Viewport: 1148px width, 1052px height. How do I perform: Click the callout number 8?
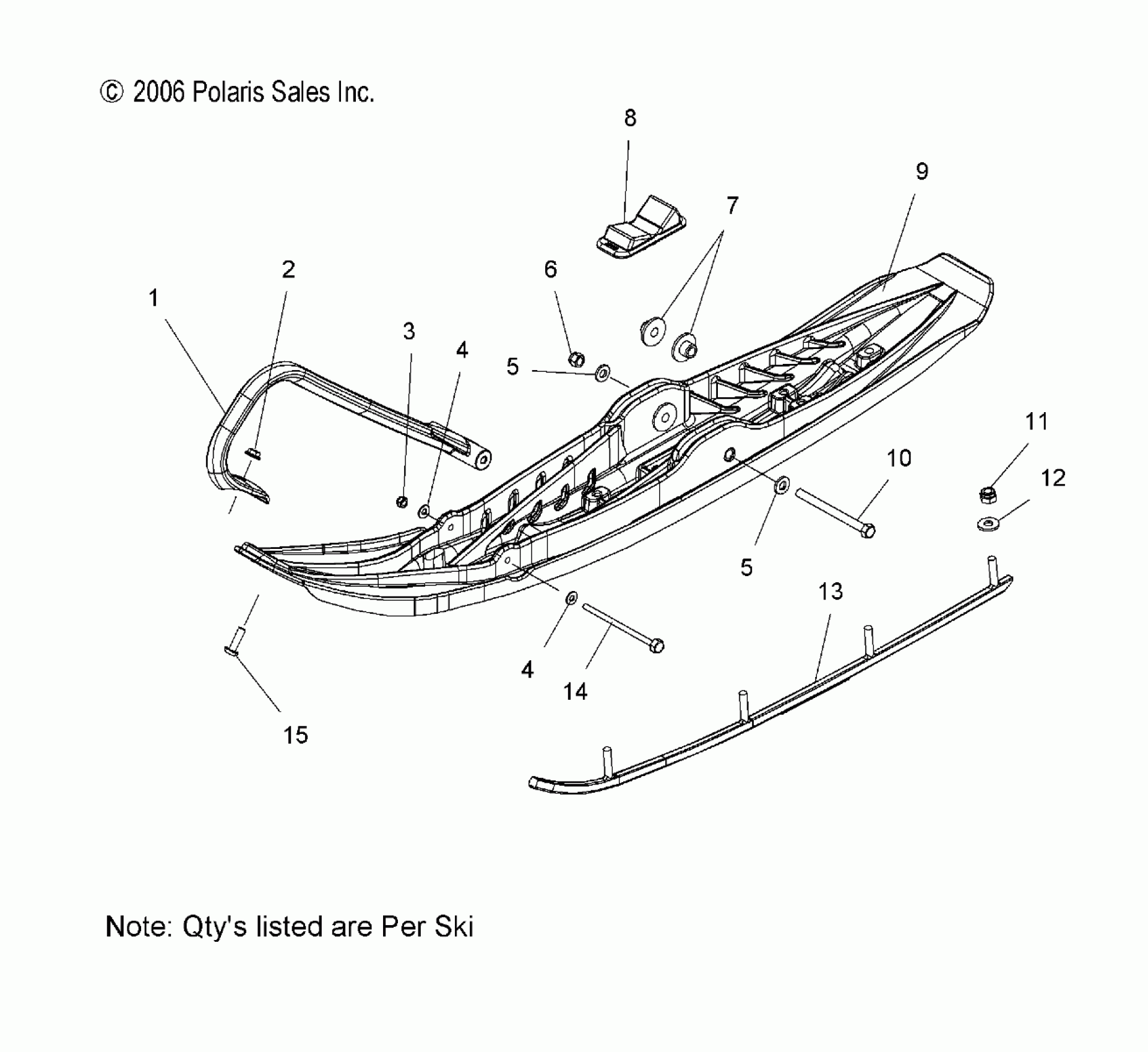tap(630, 118)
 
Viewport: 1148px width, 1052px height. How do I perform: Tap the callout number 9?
tap(921, 171)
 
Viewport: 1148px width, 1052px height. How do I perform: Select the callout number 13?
tap(831, 592)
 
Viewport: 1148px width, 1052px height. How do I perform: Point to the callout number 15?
tap(295, 735)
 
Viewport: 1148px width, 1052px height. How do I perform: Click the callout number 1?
tap(154, 298)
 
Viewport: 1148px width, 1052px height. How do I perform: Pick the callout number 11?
tap(1037, 422)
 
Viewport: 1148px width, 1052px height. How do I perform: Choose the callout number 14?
tap(575, 691)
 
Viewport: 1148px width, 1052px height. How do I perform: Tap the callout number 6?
tap(550, 269)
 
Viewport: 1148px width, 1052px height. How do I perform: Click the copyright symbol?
tap(111, 93)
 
